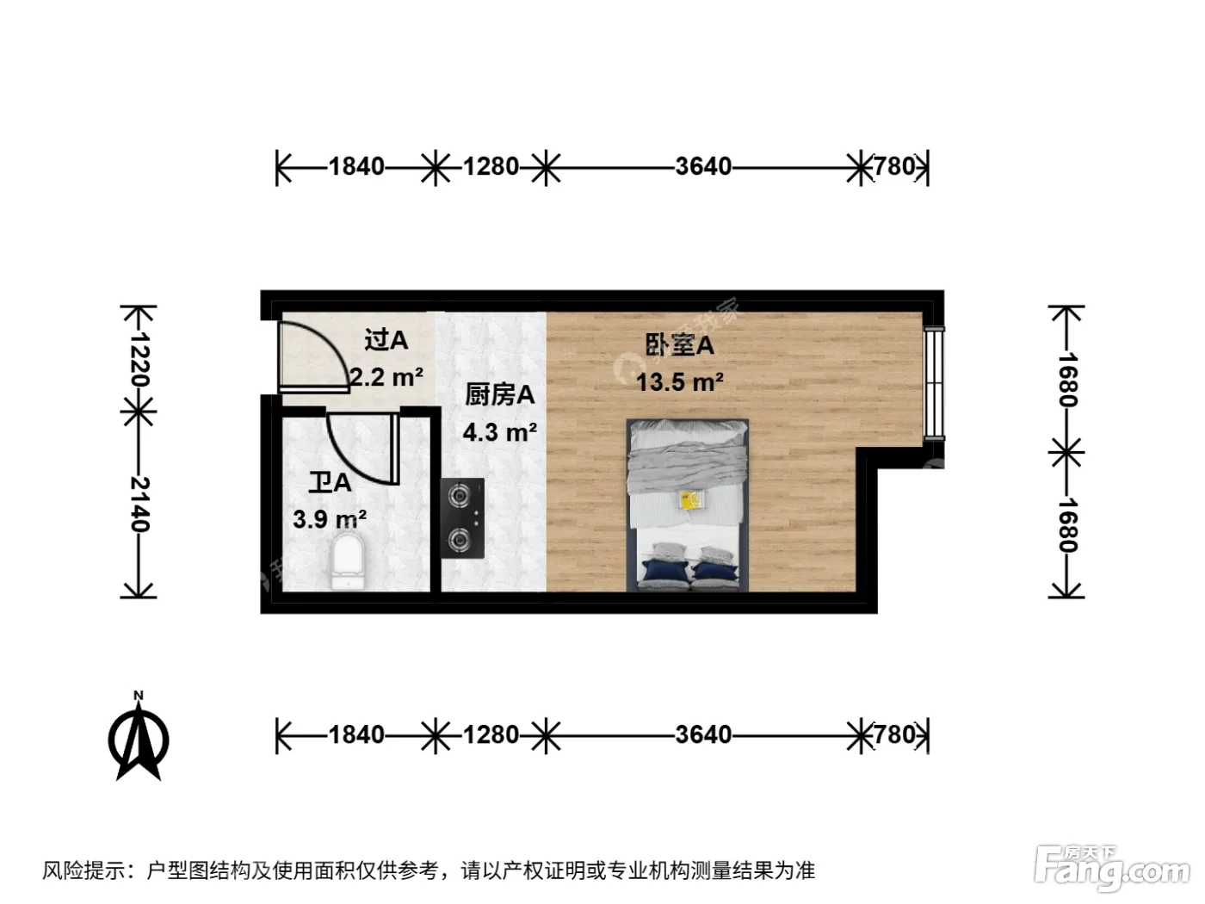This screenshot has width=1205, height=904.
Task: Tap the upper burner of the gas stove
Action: (x=459, y=496)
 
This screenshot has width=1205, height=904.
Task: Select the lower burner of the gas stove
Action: (x=459, y=540)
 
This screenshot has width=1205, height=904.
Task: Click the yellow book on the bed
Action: (x=692, y=500)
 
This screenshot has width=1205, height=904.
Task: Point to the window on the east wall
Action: (x=934, y=383)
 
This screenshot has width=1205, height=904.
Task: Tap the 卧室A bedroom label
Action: (x=679, y=345)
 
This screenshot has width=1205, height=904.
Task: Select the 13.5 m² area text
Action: (x=679, y=382)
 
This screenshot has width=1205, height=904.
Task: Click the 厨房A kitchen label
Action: (x=499, y=394)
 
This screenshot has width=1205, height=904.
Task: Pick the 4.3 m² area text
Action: (x=499, y=432)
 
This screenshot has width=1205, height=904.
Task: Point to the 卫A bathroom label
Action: (x=330, y=482)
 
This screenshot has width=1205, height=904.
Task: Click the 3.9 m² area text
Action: (x=330, y=519)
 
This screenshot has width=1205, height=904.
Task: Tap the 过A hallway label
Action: (x=386, y=340)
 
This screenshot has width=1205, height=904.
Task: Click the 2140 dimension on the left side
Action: (x=139, y=504)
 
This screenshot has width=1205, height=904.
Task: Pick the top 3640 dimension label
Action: (x=703, y=166)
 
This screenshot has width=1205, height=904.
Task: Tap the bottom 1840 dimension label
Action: (x=356, y=734)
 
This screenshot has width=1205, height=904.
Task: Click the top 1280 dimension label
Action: (x=491, y=166)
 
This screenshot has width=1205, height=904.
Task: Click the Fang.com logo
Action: (x=1112, y=870)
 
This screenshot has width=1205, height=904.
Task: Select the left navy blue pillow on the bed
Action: (x=665, y=571)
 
